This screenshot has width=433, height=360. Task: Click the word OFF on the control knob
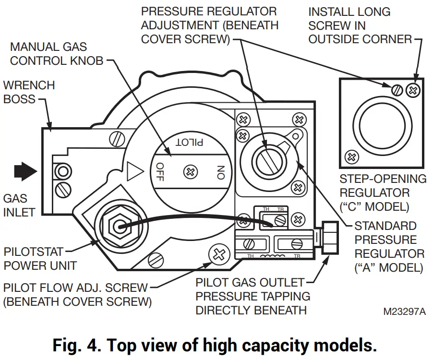pyautogui.click(x=160, y=172)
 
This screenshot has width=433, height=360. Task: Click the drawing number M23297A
pyautogui.click(x=404, y=311)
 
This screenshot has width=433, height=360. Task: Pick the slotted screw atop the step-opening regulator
pyautogui.click(x=396, y=89)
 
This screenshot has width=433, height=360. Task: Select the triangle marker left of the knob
pyautogui.click(x=135, y=171)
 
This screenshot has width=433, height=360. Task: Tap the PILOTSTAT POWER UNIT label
pyautogui.click(x=40, y=258)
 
